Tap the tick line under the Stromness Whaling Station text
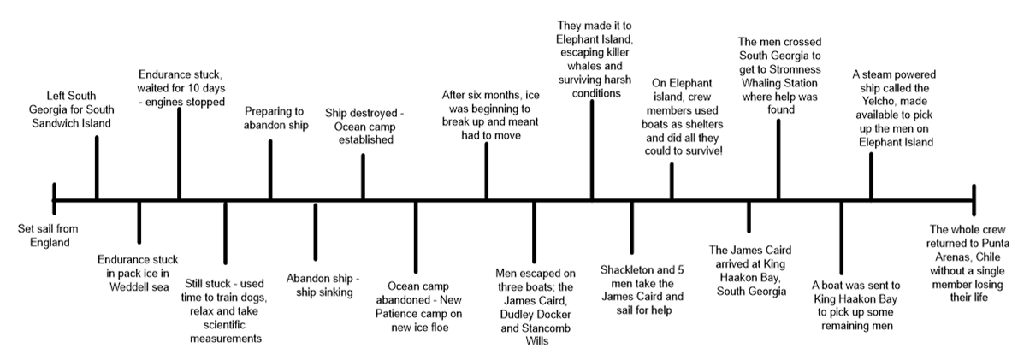click(778, 158)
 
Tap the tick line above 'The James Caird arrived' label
click(749, 216)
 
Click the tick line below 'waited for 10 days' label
click(179, 154)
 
